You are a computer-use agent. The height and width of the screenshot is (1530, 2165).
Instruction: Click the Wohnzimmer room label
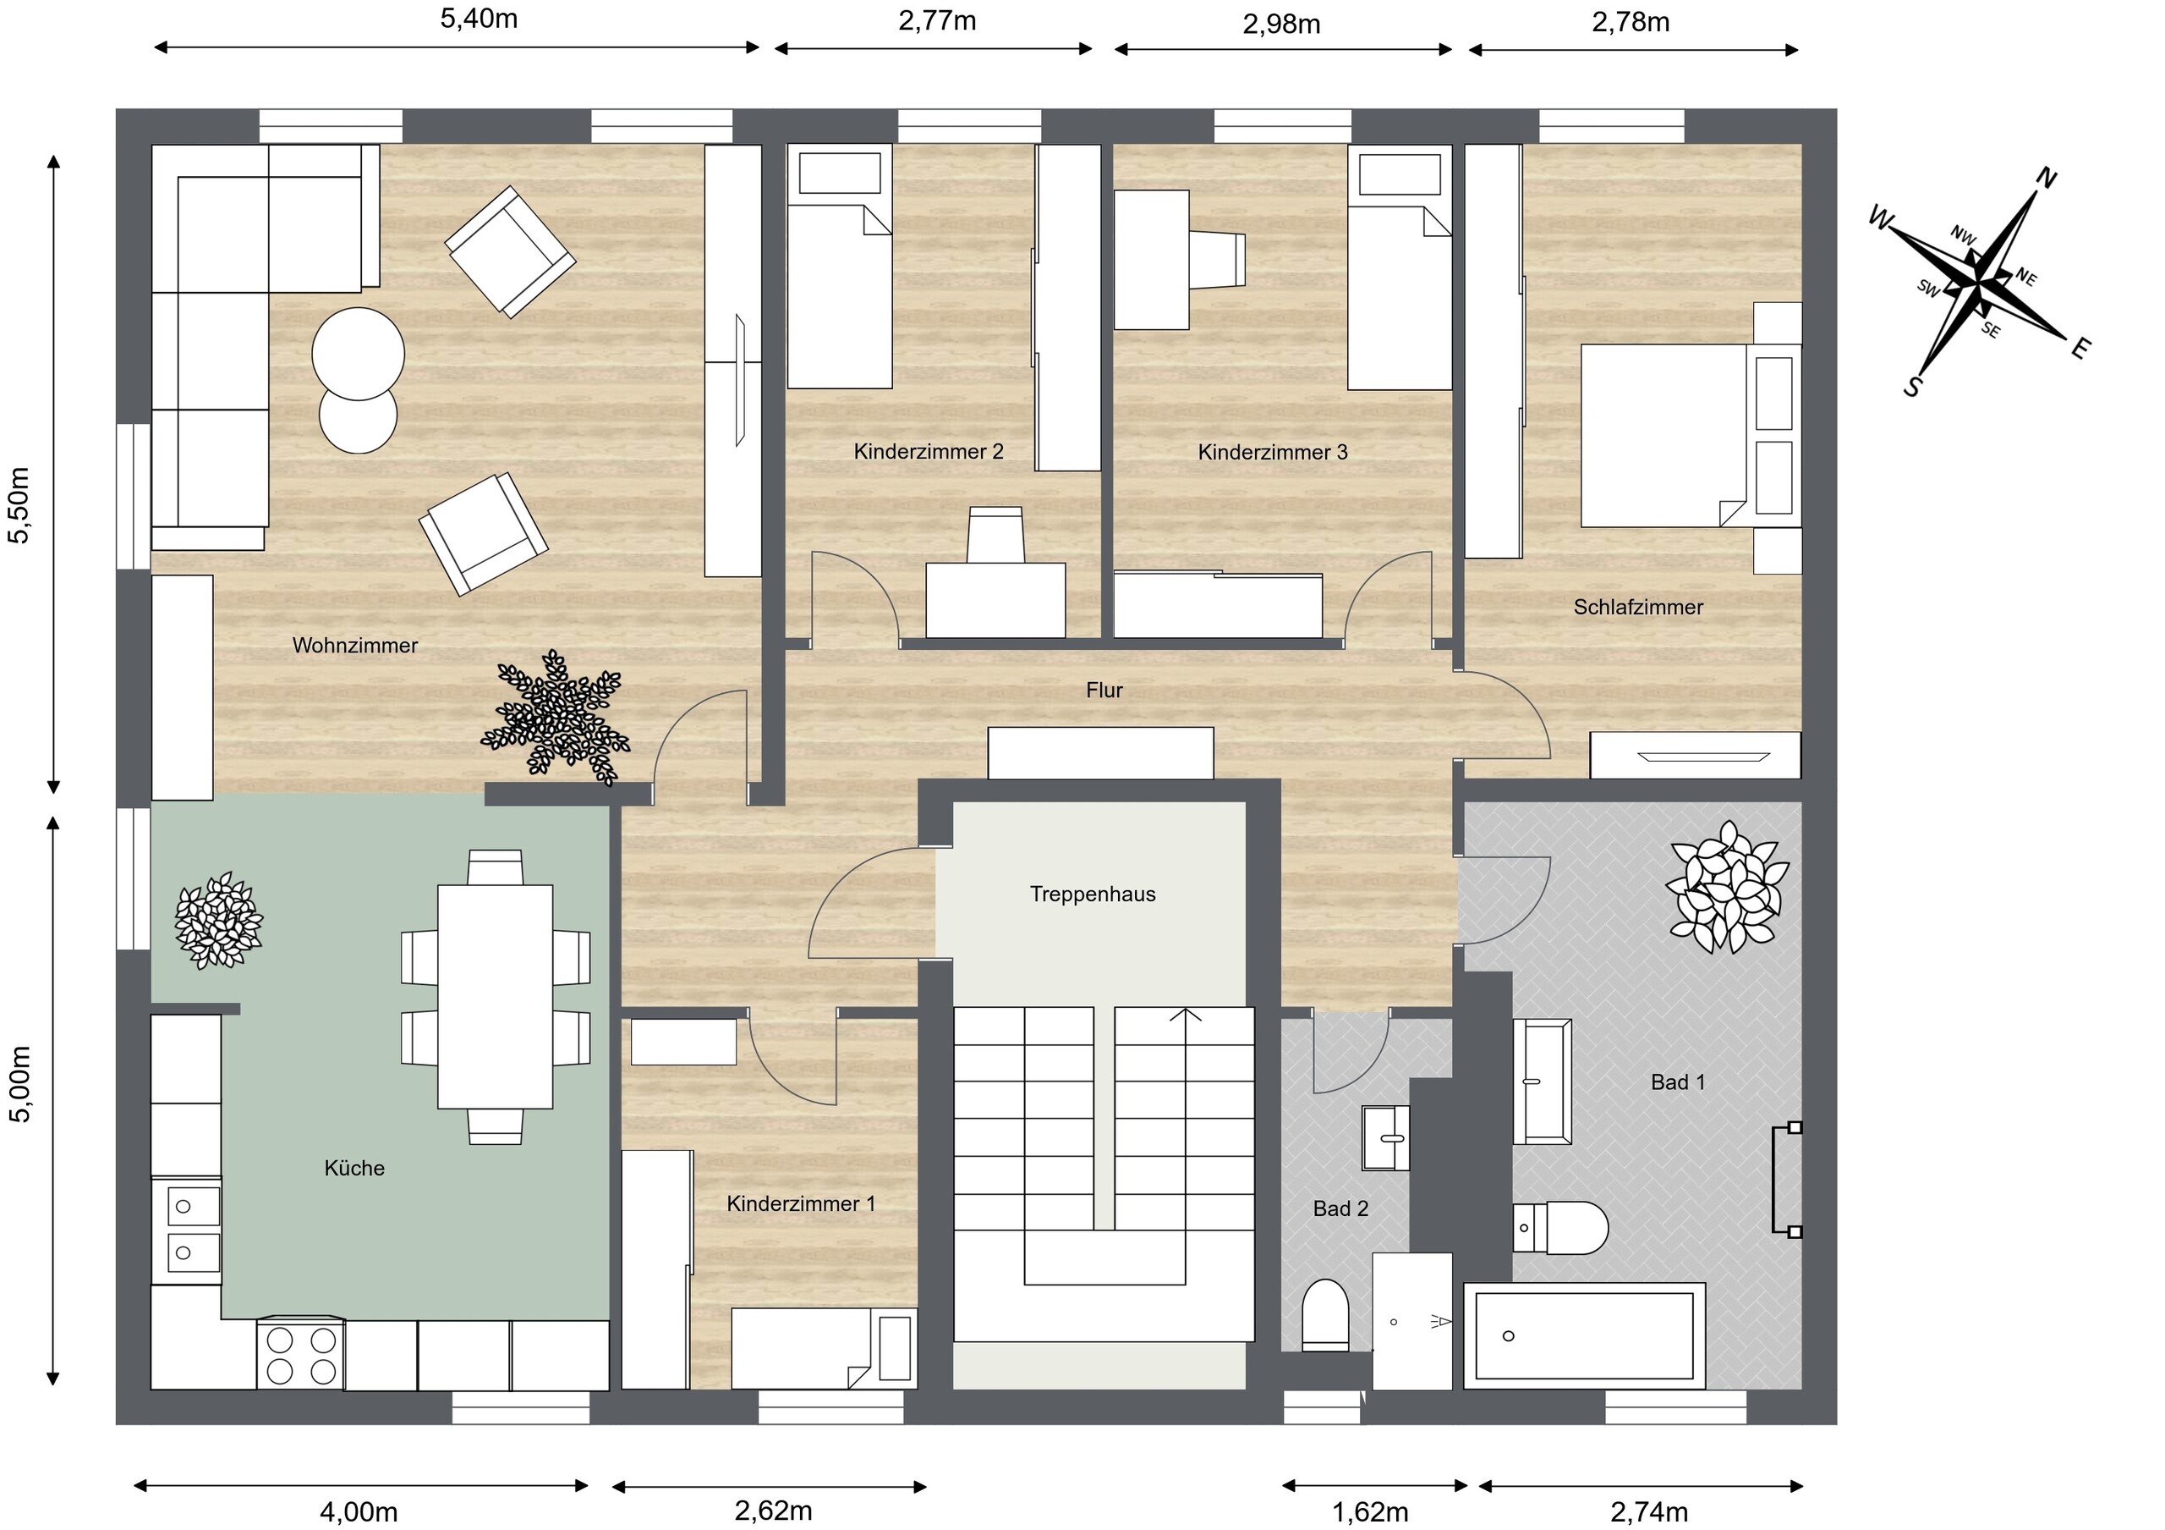pyautogui.click(x=354, y=647)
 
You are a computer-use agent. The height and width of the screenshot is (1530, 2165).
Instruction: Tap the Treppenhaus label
pyautogui.click(x=1092, y=894)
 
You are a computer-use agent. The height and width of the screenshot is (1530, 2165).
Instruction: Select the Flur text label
pyautogui.click(x=1104, y=691)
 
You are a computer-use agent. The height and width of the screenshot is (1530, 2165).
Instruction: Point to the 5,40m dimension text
pyautogui.click(x=479, y=19)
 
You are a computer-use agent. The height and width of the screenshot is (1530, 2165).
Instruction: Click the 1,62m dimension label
pyautogui.click(x=1370, y=1513)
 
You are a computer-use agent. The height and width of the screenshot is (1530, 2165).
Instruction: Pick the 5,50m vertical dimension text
pyautogui.click(x=19, y=504)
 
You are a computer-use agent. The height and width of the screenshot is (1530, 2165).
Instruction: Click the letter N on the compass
pyautogui.click(x=2047, y=178)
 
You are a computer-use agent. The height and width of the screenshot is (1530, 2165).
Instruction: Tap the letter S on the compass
pyautogui.click(x=1912, y=386)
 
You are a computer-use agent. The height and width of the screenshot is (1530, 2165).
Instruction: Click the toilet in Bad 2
pyautogui.click(x=1325, y=1315)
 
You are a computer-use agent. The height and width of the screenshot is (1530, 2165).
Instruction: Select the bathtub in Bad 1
pyautogui.click(x=1584, y=1335)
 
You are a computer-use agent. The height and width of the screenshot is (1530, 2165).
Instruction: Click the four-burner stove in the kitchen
pyautogui.click(x=301, y=1354)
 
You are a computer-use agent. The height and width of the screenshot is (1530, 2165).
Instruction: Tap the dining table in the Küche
pyautogui.click(x=495, y=996)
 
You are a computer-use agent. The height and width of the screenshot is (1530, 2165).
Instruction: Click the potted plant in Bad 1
pyautogui.click(x=1727, y=888)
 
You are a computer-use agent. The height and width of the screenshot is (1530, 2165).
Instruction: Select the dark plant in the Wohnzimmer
pyautogui.click(x=556, y=717)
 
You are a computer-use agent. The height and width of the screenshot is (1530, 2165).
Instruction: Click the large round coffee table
pyautogui.click(x=359, y=354)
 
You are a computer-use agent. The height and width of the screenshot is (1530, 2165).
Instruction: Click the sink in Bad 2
pyautogui.click(x=1386, y=1137)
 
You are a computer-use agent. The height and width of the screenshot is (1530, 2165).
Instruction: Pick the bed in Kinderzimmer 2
pyautogui.click(x=839, y=266)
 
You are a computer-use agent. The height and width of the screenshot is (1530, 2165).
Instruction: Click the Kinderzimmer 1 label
pyautogui.click(x=801, y=1204)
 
